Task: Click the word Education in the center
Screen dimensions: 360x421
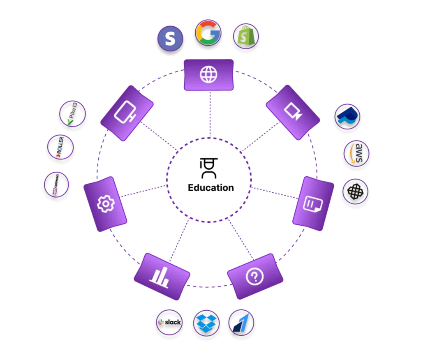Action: coord(210,188)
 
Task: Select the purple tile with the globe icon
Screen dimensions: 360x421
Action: coord(208,74)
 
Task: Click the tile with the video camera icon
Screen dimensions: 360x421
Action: coord(293,112)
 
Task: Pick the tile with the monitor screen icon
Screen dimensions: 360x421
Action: coord(127,113)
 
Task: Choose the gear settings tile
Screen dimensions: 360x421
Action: coord(105,204)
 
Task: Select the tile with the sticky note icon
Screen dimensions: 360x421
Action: coord(313,203)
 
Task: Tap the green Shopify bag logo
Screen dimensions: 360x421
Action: coord(246,37)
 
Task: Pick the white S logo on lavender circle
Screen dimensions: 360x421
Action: coord(170,39)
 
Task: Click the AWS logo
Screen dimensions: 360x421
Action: coord(356,154)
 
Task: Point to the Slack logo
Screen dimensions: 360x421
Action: coord(169,323)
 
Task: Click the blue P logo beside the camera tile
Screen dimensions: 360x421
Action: coord(347,117)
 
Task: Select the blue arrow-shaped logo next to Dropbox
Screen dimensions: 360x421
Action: coord(242,323)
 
